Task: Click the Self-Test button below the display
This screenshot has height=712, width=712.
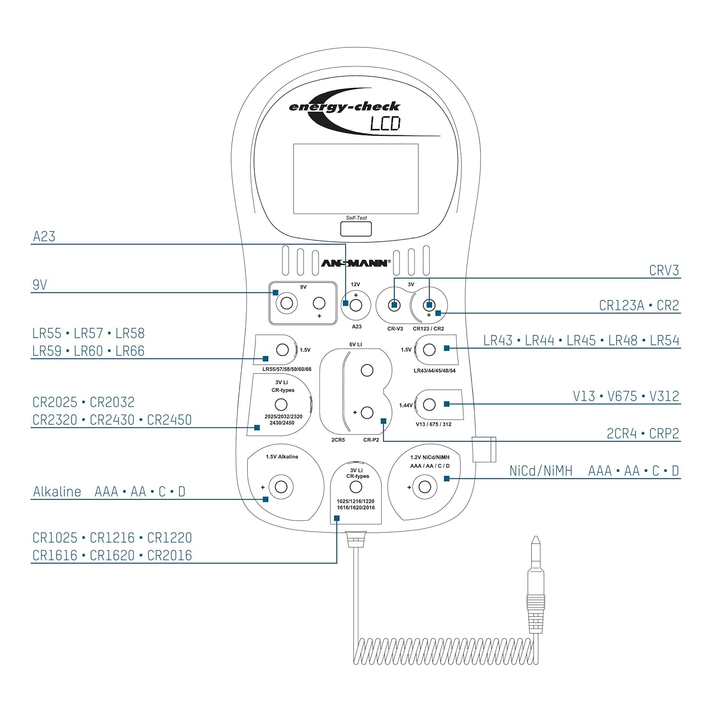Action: click(356, 229)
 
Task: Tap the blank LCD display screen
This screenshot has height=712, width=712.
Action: click(356, 178)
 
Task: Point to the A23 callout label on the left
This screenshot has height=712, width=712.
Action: click(44, 236)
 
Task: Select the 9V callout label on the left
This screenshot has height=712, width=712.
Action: click(40, 285)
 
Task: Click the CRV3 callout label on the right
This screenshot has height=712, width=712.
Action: click(664, 271)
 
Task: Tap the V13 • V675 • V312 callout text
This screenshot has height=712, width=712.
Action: click(626, 396)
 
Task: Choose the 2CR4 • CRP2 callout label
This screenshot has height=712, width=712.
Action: click(643, 433)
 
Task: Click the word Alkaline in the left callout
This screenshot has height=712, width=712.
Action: click(57, 492)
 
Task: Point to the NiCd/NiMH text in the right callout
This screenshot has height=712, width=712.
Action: click(541, 471)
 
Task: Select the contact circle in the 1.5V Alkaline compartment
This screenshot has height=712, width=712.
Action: click(281, 487)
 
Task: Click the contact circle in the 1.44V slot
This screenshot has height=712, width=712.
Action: click(429, 404)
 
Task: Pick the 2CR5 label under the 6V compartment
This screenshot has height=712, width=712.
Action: click(338, 440)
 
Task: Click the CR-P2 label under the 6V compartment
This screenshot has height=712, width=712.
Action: click(371, 440)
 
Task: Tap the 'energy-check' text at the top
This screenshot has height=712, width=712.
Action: click(344, 106)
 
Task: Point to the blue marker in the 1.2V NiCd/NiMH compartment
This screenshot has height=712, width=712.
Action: click(447, 478)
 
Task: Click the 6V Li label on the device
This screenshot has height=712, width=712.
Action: click(356, 345)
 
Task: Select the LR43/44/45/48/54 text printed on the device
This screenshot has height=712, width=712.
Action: click(434, 371)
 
